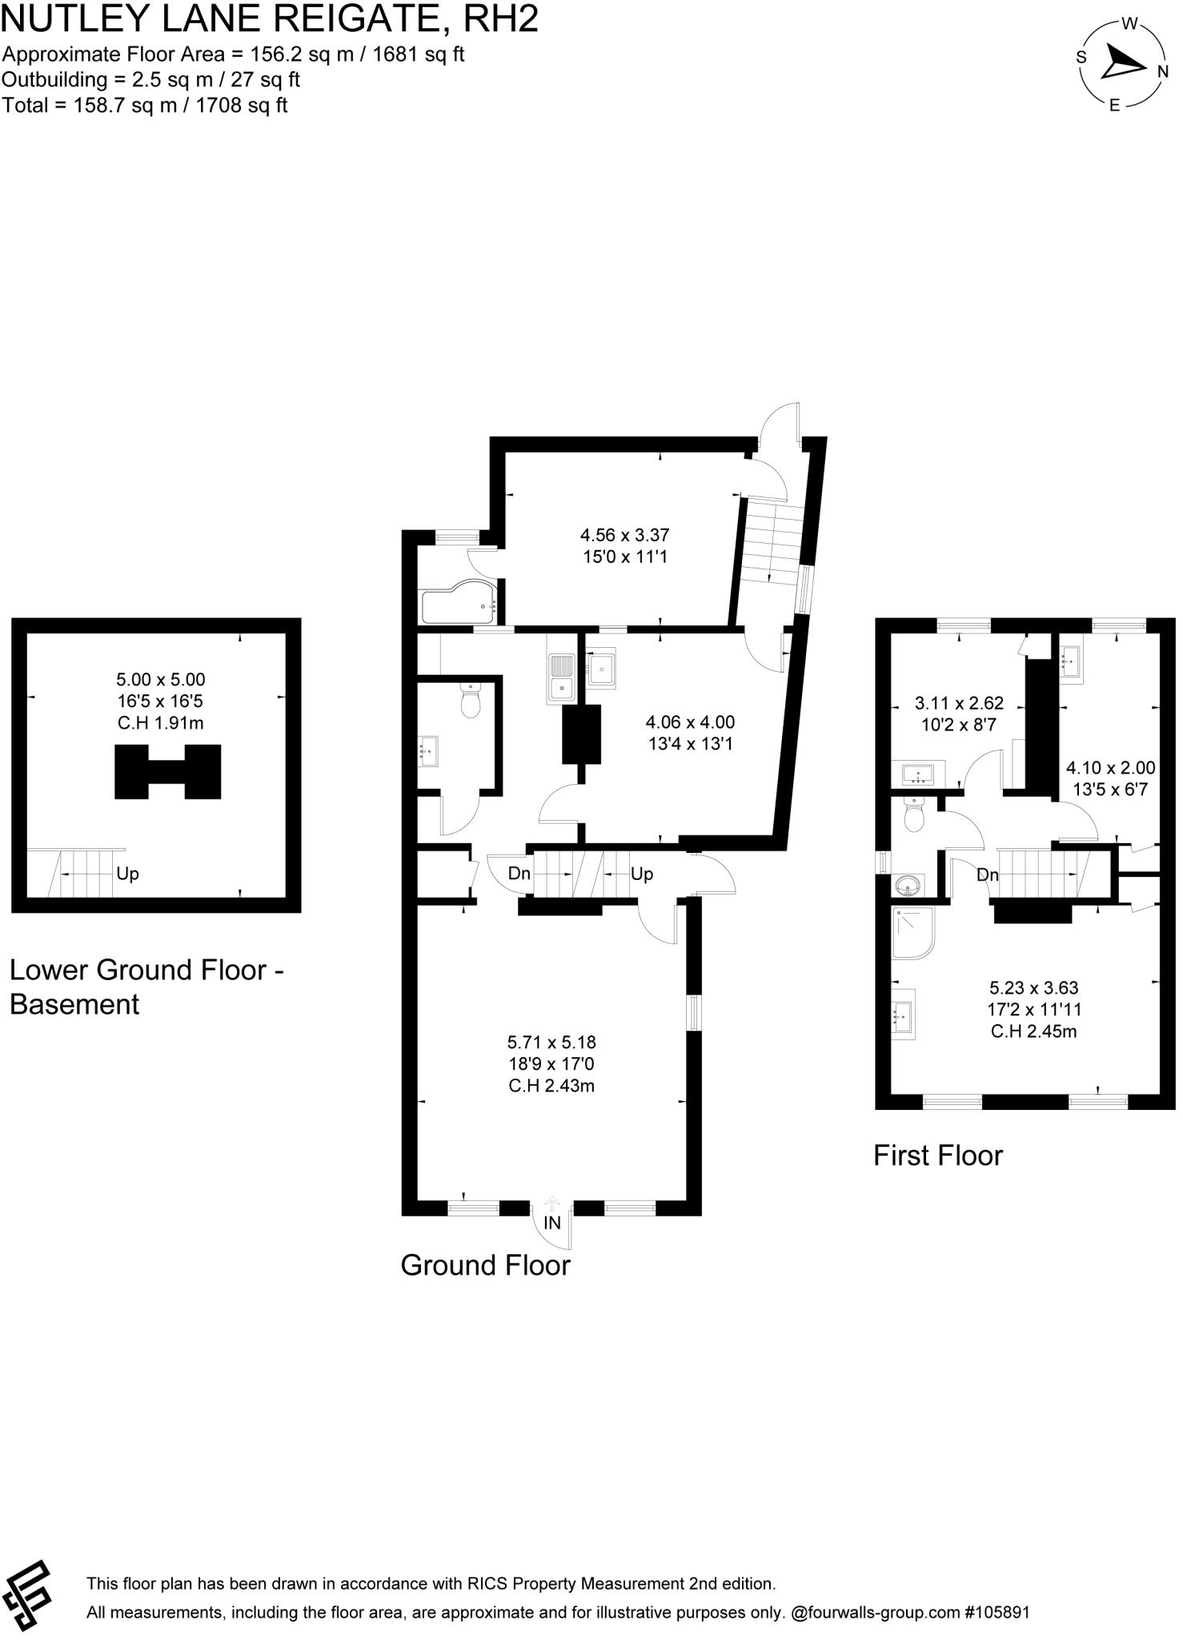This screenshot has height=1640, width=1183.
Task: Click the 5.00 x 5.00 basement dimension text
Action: point(160,680)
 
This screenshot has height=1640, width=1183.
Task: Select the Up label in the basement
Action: point(127,874)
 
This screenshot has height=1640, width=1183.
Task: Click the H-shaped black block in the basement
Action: point(167,771)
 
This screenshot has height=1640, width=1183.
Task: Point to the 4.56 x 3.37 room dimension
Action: point(624,535)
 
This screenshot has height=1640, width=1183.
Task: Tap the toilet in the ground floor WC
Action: point(471,702)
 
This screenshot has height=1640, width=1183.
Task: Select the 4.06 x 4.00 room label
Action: point(690,722)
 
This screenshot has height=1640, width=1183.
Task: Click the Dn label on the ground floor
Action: point(519,874)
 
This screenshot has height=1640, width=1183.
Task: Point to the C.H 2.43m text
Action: point(551,1087)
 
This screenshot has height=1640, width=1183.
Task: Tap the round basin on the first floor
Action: point(908,886)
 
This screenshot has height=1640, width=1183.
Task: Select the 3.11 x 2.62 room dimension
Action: point(959,704)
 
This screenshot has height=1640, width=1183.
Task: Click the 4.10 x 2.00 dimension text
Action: point(1110,768)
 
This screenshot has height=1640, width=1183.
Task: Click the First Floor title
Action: point(937,1156)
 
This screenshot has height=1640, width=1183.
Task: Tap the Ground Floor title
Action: point(485,1266)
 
